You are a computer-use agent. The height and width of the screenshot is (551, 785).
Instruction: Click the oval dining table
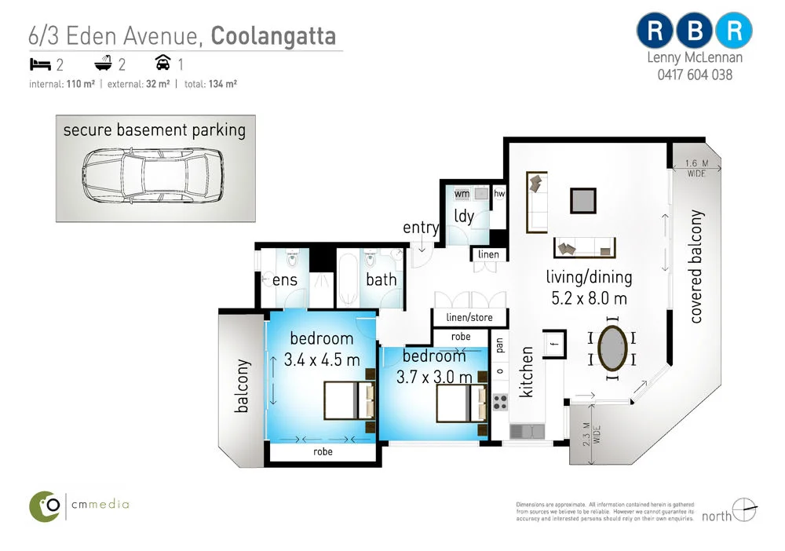613,348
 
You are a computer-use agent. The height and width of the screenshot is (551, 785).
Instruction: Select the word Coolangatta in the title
274,35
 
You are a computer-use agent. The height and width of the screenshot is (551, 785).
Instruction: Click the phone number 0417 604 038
694,75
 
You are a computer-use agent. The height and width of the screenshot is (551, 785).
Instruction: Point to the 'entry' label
421,228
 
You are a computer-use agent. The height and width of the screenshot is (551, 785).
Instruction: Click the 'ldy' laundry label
464,216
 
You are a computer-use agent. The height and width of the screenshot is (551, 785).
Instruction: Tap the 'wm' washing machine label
462,192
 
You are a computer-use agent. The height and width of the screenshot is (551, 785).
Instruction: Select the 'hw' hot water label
499,192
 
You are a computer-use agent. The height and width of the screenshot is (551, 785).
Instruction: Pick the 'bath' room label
381,279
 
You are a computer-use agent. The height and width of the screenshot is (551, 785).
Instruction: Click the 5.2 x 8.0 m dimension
589,298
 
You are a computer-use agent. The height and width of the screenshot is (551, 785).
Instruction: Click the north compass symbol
743,511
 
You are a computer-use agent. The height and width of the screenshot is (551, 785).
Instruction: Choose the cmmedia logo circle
46,505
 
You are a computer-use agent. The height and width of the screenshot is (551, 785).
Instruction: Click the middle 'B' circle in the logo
694,31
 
